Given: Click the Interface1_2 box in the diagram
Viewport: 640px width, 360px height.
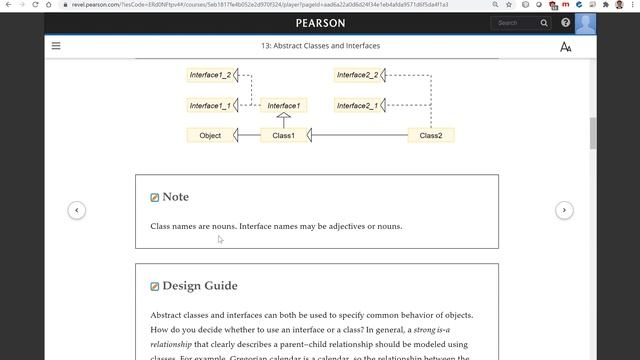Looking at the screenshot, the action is coord(210,75).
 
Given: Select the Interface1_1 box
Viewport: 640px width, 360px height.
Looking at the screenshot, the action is coord(210,105).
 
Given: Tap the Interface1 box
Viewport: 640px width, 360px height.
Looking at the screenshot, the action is coord(283,105).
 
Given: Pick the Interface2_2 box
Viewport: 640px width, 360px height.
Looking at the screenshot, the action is coord(357,75).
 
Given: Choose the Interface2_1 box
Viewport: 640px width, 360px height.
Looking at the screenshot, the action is coord(357,105).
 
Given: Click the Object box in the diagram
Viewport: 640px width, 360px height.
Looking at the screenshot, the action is coord(210,135).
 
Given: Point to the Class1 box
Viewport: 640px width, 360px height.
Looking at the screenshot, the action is coord(284,135).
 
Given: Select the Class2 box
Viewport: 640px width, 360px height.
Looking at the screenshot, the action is coord(431,135).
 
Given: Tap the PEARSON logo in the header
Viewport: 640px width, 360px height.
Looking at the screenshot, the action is coord(320,23).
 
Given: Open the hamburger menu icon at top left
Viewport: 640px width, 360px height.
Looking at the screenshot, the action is coord(56,46).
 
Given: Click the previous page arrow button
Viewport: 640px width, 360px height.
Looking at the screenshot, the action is coord(76,210).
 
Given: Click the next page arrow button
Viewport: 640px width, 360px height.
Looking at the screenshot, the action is coord(564,210).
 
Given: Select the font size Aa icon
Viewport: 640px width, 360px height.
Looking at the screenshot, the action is coord(566,47).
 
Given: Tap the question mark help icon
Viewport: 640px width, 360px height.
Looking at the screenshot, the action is coord(566,23).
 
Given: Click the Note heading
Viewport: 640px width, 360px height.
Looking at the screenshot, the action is coord(175,197).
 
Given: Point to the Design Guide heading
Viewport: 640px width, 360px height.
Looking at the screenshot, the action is coord(199,286).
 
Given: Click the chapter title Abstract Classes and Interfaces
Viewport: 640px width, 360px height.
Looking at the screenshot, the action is coord(320,46).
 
